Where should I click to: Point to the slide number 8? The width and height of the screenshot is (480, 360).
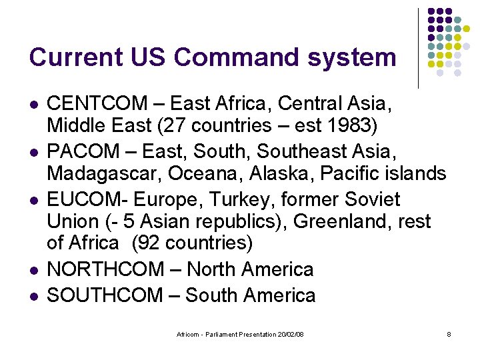tap(449, 333)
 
